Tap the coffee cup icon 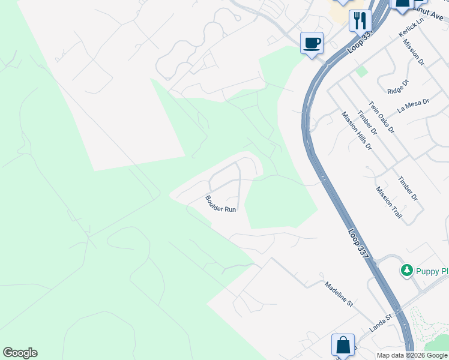(x=312, y=43)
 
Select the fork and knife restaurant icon (x=360, y=20)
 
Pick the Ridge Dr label (x=397, y=87)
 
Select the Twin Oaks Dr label (x=381, y=117)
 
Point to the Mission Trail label (x=389, y=202)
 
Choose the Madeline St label (x=339, y=294)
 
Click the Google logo (x=20, y=353)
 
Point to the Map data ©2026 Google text (x=412, y=355)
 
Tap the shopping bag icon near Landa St (x=343, y=346)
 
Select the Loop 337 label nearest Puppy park (x=358, y=244)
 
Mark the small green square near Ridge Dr (x=361, y=71)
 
